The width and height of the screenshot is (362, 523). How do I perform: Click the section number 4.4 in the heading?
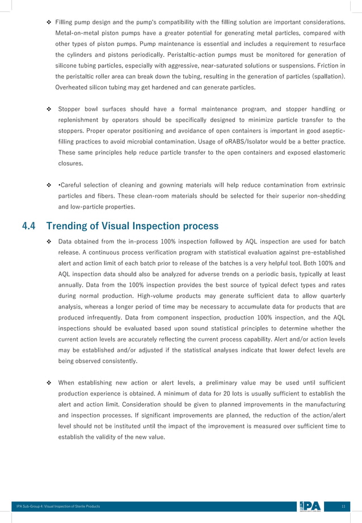click(x=29, y=226)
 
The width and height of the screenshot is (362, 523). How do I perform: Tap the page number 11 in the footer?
click(x=343, y=506)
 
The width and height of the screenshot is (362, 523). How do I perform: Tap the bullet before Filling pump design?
click(x=48, y=22)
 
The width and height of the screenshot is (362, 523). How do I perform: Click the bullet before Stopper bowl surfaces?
click(x=48, y=109)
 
